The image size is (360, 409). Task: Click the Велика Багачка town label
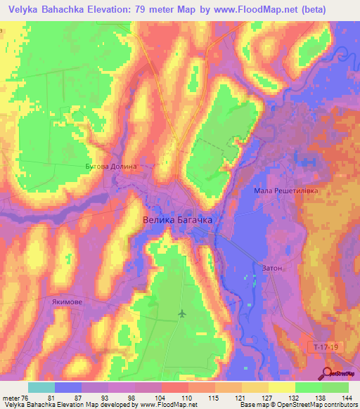[177, 219]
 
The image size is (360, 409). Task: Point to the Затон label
[272, 268]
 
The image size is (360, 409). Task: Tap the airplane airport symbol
[183, 313]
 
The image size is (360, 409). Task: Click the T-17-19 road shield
[324, 347]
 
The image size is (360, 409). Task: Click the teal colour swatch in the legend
[41, 387]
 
